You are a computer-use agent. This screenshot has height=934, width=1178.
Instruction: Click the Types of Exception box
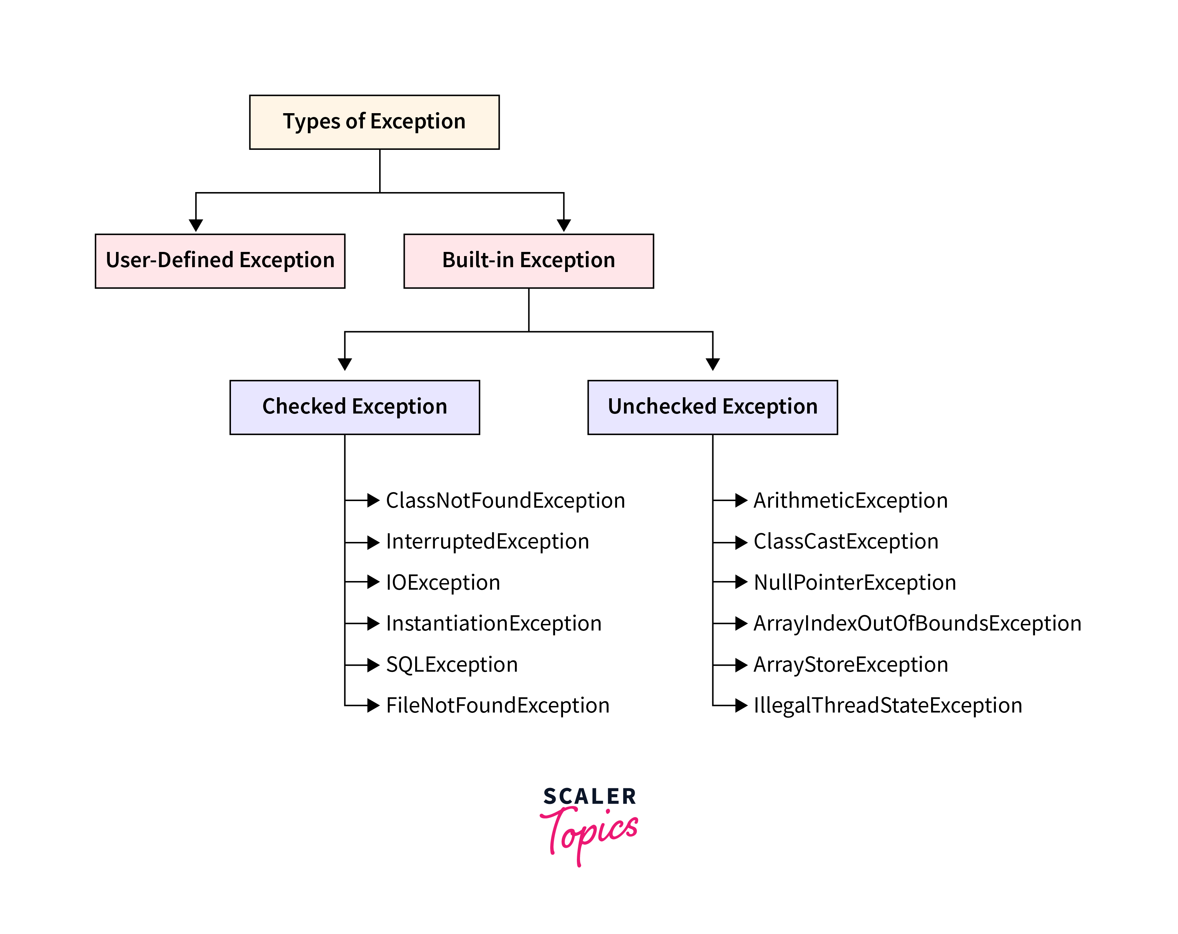[x=374, y=122]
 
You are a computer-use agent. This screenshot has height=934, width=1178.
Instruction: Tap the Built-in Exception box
[x=528, y=261]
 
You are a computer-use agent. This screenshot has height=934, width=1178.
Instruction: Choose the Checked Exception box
[x=355, y=407]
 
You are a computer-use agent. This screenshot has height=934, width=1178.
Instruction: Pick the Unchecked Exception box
[x=713, y=407]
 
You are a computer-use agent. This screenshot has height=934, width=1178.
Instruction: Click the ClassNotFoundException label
[x=505, y=500]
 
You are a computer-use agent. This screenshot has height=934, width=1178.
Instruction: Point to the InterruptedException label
[x=488, y=541]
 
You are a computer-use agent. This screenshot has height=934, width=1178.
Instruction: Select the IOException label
[x=443, y=582]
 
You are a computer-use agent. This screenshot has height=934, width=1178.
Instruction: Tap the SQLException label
[x=451, y=664]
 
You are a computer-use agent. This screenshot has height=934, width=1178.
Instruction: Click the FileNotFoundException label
[x=497, y=705]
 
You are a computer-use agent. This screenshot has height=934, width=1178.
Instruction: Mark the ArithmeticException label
[x=850, y=500]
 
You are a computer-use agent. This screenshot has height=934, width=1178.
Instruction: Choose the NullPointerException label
[x=855, y=582]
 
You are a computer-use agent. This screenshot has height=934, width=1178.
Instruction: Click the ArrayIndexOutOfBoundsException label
[x=917, y=623]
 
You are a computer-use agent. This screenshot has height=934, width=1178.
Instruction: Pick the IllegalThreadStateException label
[x=887, y=705]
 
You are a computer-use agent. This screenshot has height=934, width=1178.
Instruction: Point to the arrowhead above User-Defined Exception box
[x=196, y=225]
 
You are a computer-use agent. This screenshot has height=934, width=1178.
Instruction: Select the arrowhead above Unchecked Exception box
[x=713, y=364]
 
